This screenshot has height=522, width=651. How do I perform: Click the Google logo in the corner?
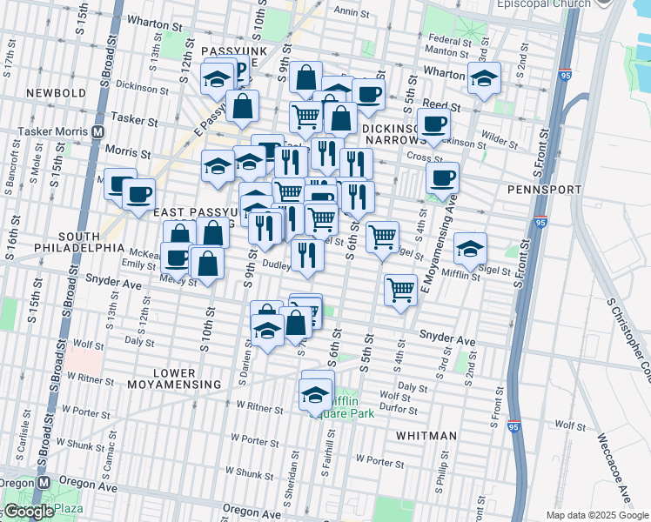click(29, 512)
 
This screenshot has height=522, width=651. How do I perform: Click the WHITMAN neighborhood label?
click(426, 435)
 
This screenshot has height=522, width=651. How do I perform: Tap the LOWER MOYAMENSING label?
click(175, 378)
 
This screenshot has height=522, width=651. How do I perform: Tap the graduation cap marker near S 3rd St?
click(484, 79)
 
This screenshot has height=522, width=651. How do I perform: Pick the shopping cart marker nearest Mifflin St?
click(399, 290)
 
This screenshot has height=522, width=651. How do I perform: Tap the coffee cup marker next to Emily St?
click(178, 258)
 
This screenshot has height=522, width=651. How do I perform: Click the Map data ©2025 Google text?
click(596, 515)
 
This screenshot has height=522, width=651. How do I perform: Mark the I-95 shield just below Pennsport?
click(540, 222)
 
